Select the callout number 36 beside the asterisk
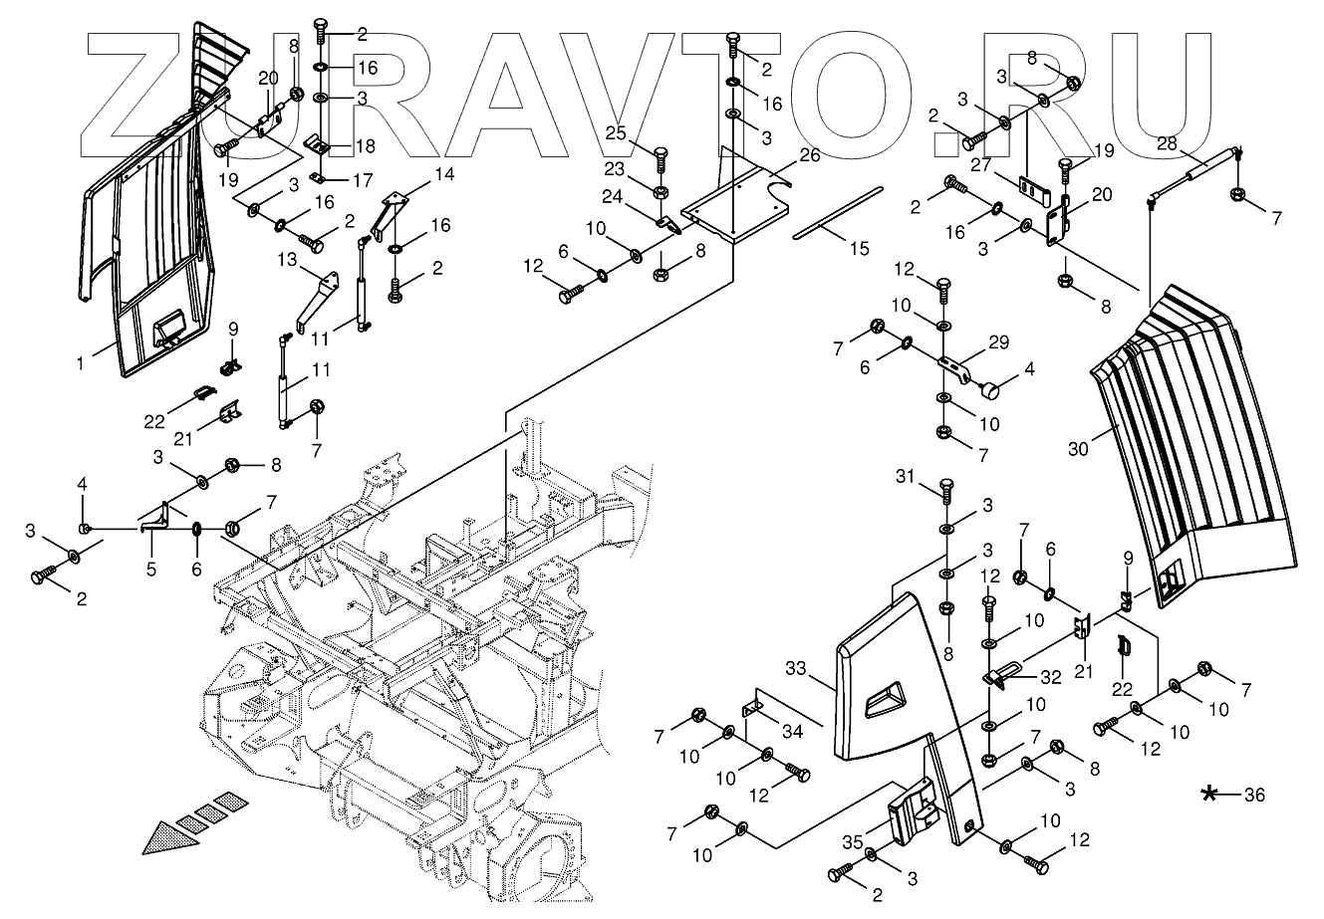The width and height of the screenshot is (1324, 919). pos(1254,796)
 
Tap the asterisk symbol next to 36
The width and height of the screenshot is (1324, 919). pos(1210,794)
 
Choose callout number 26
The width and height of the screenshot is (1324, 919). pos(809,155)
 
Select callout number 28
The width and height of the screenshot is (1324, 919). pos(1168,143)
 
